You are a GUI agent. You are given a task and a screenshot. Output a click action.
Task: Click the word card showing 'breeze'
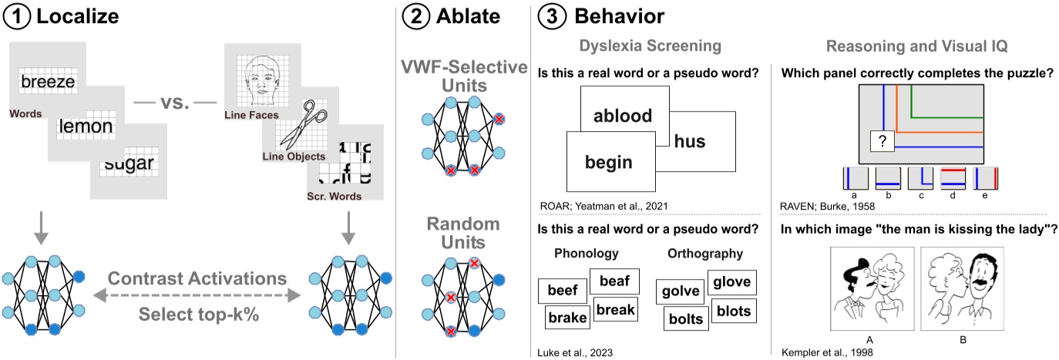[48, 81]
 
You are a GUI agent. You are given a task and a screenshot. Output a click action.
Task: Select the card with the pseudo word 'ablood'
[623, 116]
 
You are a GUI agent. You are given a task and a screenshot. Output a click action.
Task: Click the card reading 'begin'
[609, 162]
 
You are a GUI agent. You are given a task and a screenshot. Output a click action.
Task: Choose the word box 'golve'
[679, 291]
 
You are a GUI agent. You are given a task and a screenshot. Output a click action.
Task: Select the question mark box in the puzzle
[882, 142]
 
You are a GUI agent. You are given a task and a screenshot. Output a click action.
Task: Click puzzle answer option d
[953, 179]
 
